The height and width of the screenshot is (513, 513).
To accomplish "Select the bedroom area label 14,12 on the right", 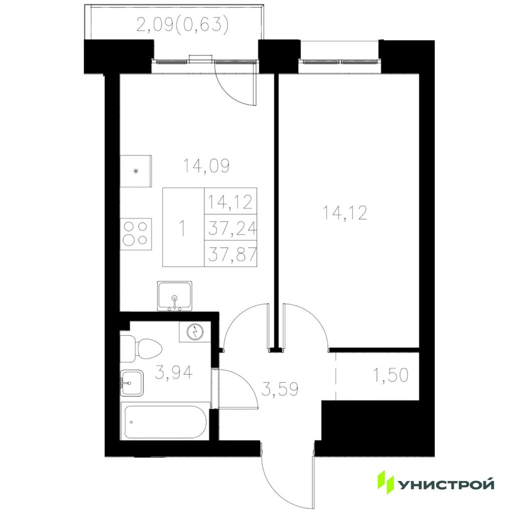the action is coord(345,212).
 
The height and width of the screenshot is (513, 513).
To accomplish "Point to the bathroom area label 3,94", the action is coord(174,372).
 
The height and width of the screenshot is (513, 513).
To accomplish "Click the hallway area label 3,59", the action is coord(280,389).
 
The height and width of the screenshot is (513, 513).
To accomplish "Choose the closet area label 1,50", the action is coord(391,375).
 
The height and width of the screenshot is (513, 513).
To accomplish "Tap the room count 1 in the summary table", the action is coord(182,228).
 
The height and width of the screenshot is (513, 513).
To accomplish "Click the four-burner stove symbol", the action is coord(136,234).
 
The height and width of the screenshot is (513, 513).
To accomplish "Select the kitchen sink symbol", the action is coord(175,296).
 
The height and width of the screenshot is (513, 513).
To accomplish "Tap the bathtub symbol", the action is coord(165,421).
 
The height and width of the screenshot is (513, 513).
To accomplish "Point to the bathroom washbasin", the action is coord(132,383).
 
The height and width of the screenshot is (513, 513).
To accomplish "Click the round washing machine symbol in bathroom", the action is coord(195,332).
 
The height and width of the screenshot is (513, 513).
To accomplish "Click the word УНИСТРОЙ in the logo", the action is coord(445,485).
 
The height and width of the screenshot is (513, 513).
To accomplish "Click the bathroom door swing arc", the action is coord(242,386).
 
